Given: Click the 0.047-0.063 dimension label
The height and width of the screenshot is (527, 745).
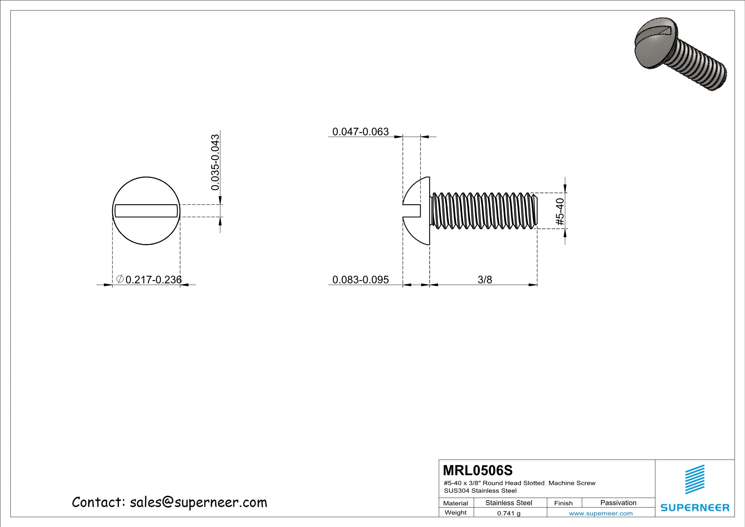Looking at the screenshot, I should (360, 132).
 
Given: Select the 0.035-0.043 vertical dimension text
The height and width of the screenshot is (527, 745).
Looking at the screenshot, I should (215, 162).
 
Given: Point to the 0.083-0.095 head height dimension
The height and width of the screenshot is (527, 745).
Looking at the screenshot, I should (360, 280).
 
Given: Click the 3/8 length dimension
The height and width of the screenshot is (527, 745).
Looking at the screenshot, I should (484, 280).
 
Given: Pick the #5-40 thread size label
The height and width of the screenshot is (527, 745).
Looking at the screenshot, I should (560, 212).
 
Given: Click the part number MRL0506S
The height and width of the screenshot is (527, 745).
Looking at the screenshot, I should (478, 470).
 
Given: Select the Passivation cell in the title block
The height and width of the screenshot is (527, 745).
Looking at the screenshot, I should (618, 503).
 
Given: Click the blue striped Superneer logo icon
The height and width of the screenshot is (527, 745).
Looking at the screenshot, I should (695, 480).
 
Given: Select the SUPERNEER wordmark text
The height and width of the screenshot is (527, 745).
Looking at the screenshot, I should (695, 508).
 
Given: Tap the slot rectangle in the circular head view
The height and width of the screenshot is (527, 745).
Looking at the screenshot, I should (146, 211).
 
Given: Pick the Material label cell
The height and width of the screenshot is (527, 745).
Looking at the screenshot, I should (456, 503).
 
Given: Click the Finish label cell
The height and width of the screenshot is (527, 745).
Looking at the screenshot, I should (563, 503).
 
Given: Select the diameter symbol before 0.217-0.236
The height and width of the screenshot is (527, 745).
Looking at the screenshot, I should (120, 279).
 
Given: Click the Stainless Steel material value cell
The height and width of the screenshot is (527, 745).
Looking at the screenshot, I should (509, 503).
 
